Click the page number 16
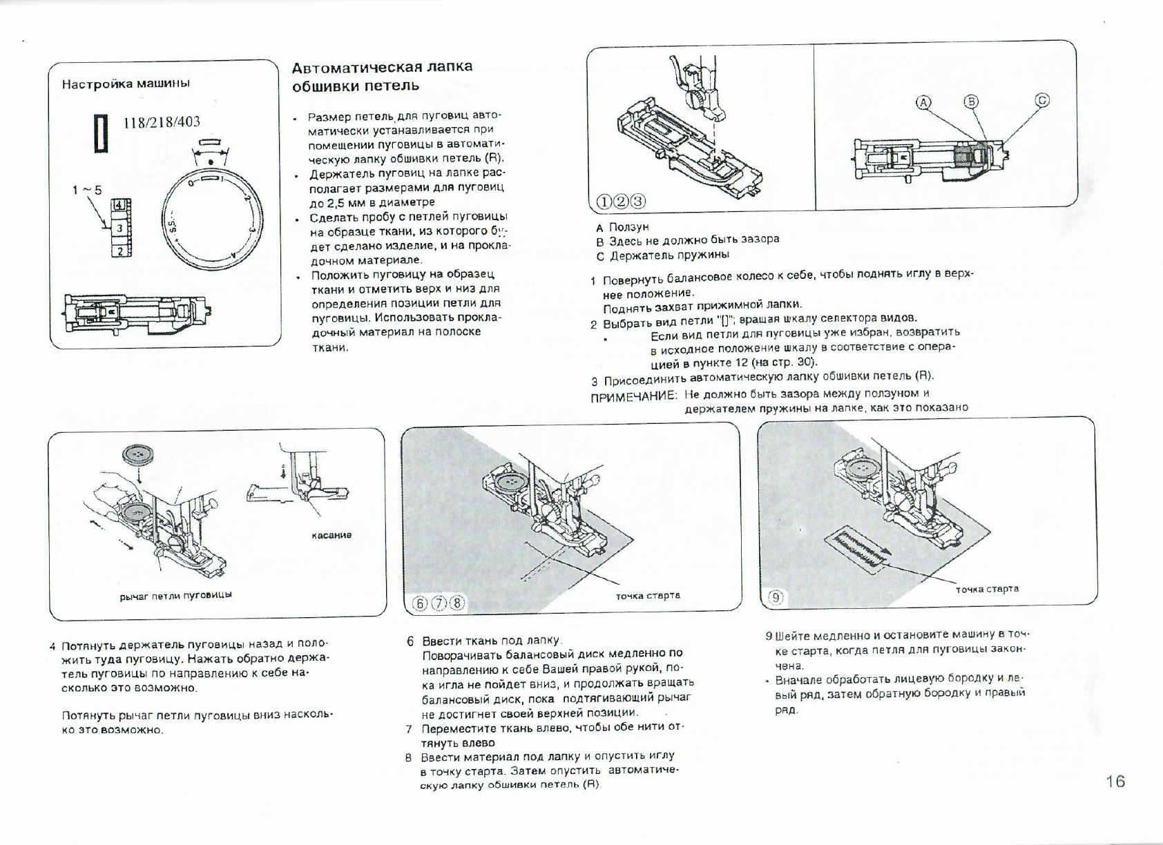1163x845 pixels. coord(1115,781)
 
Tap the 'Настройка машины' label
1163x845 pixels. coord(126,84)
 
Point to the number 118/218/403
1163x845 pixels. coord(162,122)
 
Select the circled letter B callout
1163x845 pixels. coord(970,101)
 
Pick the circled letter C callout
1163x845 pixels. coord(1041,100)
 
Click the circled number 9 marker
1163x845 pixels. coord(776,598)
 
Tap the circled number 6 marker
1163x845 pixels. coord(420,602)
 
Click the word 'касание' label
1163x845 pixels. coord(331,535)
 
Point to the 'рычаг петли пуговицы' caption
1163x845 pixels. coord(175,594)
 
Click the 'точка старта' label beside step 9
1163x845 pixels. coord(987,589)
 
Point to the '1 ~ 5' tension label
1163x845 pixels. coord(87,190)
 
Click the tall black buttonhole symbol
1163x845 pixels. coord(102,133)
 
